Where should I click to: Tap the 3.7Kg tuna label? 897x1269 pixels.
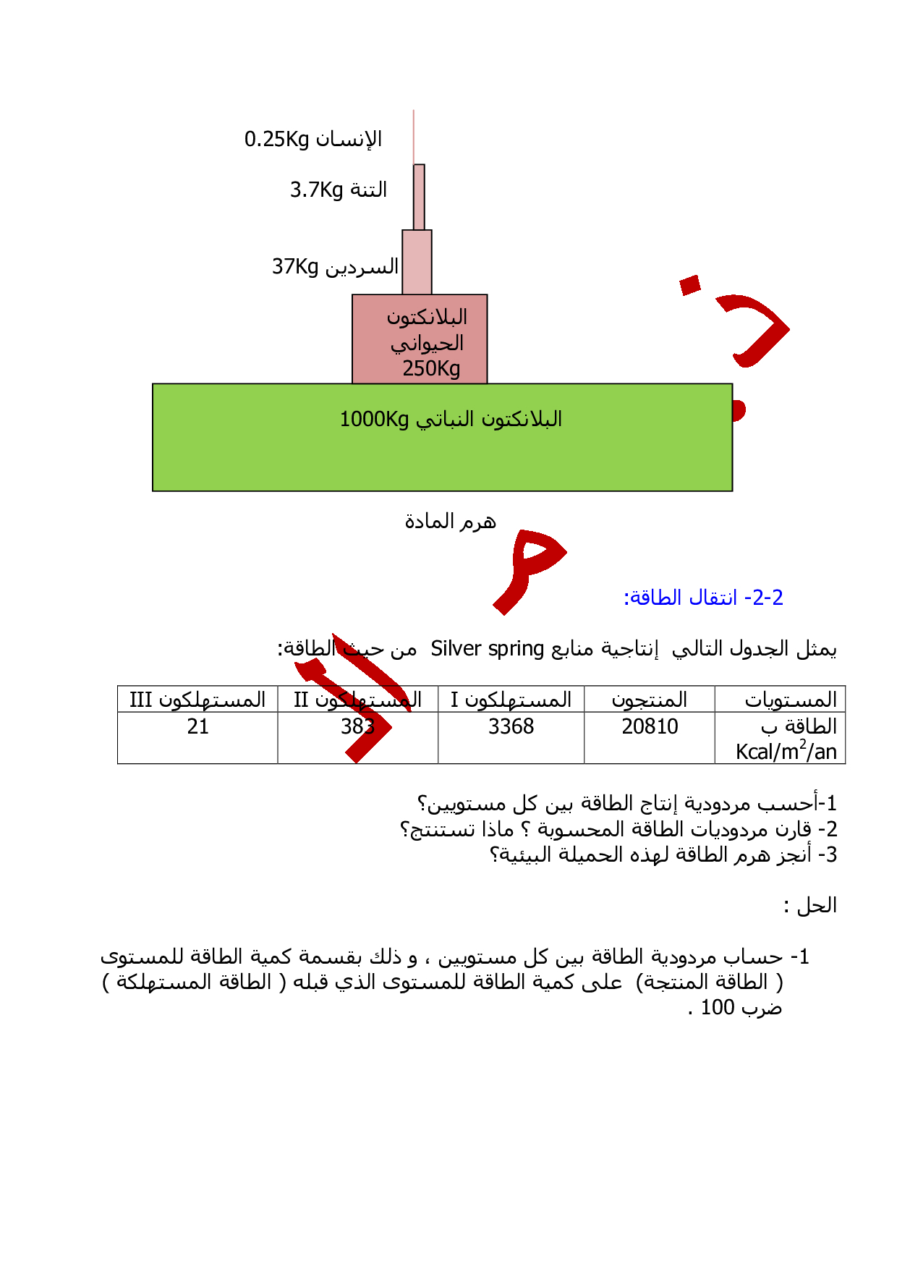click(x=316, y=190)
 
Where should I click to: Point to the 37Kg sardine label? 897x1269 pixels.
click(x=295, y=266)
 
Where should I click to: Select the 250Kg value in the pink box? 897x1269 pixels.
click(x=431, y=368)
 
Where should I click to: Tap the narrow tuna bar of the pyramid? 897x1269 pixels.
click(x=419, y=197)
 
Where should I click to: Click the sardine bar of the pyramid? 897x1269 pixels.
click(x=417, y=262)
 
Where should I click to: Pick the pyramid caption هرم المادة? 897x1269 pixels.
click(x=450, y=521)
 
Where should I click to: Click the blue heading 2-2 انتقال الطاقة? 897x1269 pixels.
click(x=703, y=598)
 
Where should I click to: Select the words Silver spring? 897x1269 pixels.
click(x=487, y=648)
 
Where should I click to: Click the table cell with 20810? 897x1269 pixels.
click(x=650, y=726)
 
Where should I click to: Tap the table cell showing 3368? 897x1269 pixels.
click(x=511, y=726)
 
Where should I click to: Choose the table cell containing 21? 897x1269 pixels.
click(x=197, y=726)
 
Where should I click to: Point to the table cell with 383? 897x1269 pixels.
click(x=357, y=726)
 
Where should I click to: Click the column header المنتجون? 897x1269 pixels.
click(x=650, y=700)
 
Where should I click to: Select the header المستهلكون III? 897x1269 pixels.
click(x=197, y=700)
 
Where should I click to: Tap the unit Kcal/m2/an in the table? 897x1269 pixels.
click(x=786, y=752)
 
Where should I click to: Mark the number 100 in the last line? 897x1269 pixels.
click(x=718, y=1007)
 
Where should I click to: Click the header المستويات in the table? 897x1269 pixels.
click(x=791, y=700)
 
